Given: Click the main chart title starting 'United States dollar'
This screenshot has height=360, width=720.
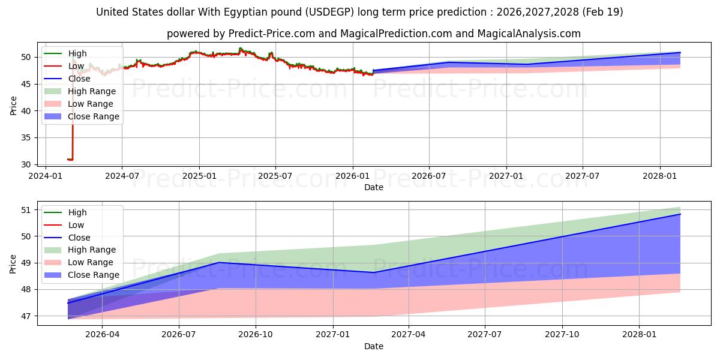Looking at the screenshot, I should click(359, 12).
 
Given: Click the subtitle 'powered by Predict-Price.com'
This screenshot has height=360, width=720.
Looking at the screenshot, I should click(373, 34).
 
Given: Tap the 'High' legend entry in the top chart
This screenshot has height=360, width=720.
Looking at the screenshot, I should click(77, 53).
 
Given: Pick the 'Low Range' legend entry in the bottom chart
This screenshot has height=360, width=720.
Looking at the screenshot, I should click(91, 262).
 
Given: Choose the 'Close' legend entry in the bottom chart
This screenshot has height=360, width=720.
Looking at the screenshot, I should click(79, 238).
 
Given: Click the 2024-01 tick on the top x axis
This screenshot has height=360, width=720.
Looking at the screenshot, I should click(45, 176).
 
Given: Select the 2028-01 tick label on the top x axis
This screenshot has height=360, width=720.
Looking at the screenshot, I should click(660, 176).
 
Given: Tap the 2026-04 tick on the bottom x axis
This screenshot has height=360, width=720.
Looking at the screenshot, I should click(102, 335).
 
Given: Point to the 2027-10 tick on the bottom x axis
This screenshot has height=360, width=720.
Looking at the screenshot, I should click(562, 335).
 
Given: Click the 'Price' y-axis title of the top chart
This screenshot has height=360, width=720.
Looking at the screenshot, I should click(13, 105).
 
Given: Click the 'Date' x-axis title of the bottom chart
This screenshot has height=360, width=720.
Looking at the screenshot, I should click(373, 346).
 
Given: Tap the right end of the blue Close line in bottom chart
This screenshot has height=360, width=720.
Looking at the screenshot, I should click(680, 214).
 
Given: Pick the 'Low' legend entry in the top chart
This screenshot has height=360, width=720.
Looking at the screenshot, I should click(76, 66).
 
